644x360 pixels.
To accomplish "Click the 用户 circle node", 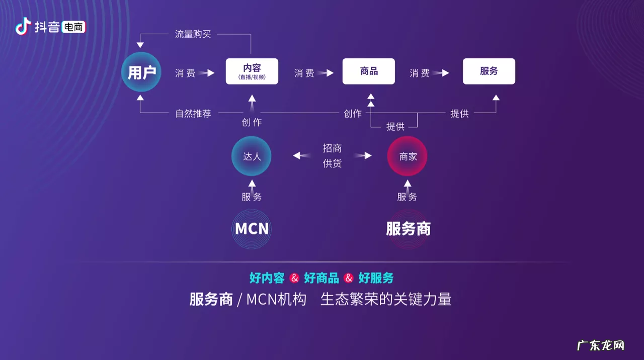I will pos(141,72).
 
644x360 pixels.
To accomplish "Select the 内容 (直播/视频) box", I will pos(252,71).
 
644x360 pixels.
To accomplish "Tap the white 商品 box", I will pos(369,71).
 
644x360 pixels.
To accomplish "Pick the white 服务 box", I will pos(489,71).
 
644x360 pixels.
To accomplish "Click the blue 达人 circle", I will pos(252,156).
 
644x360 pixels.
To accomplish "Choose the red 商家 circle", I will pos(408,156).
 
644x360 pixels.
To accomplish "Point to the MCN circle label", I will pos(252,229).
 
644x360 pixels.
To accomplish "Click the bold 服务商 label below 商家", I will pos(408,229).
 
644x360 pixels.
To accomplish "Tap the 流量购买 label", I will pos(193,34).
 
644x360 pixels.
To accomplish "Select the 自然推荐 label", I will pos(193,113).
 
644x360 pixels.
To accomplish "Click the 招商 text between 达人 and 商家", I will pos(332,148).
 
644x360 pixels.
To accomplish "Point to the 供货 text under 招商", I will pos(332,163).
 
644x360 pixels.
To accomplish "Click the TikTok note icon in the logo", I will pos(23,26).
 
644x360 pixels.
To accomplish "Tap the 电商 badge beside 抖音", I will pos(73,27).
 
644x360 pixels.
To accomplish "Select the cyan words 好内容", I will pos(267,278).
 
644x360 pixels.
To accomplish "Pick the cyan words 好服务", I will pos(376,278).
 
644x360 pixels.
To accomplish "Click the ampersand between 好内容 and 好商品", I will pos(294,278).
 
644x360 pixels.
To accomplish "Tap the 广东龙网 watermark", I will pos(601,346).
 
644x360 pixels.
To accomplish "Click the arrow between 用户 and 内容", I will pos(206,73).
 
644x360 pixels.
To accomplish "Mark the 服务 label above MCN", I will pos(252,197).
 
